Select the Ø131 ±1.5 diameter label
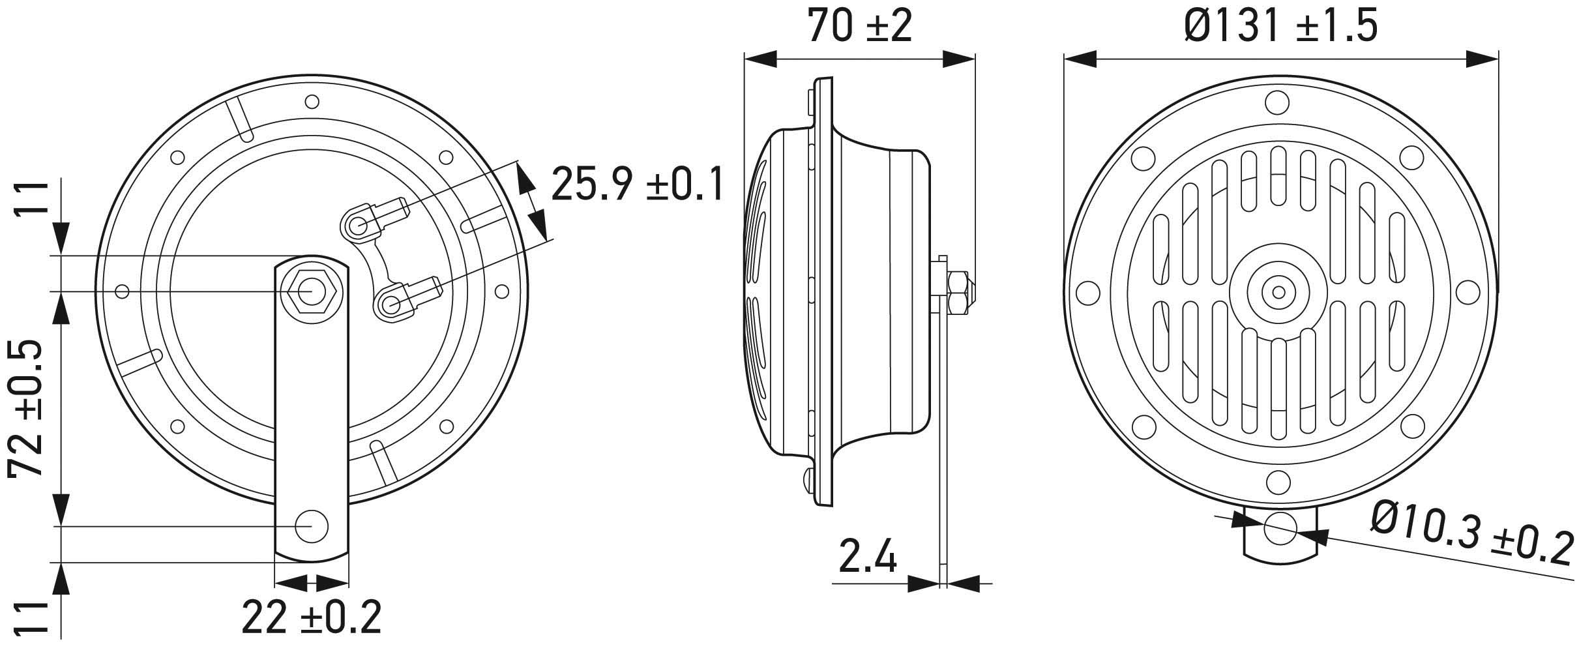click(1280, 26)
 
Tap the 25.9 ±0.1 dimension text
click(637, 185)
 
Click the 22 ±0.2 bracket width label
click(311, 616)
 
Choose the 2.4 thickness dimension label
click(867, 556)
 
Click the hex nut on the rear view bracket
click(311, 289)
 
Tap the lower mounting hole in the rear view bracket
click(311, 526)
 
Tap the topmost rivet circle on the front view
click(1277, 102)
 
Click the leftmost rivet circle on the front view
click(1088, 292)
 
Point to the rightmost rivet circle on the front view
click(1468, 292)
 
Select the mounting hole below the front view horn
click(1280, 529)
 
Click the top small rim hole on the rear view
click(312, 102)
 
